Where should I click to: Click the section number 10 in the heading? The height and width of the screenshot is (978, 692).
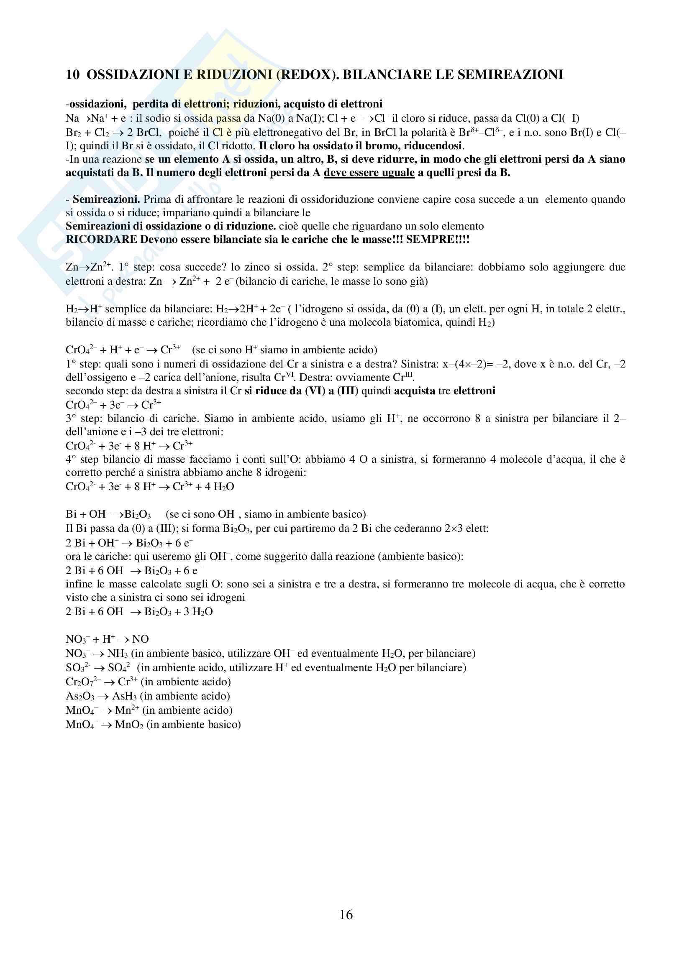point(72,75)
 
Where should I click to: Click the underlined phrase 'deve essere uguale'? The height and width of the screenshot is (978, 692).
point(369,173)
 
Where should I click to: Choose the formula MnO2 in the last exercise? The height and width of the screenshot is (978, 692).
point(129,725)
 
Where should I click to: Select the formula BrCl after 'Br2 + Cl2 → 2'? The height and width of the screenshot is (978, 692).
point(148,133)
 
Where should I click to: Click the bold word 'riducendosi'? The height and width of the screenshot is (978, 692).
point(433,146)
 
